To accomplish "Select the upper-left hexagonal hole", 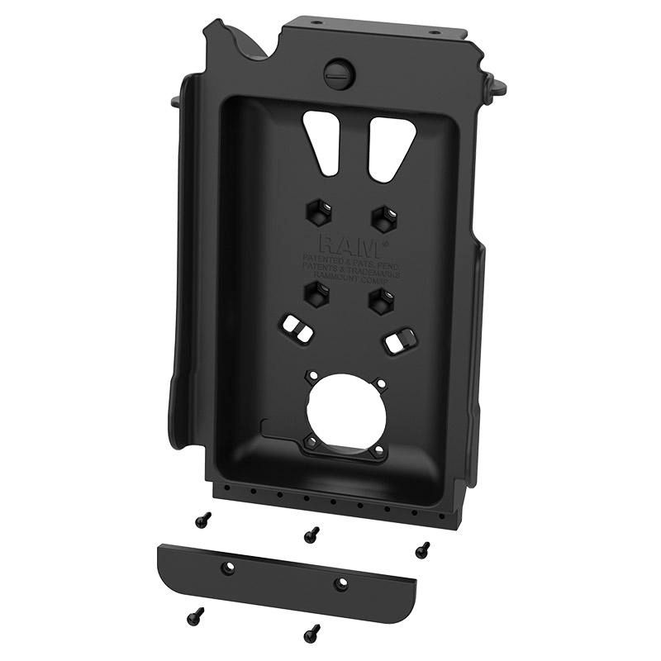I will (319, 214).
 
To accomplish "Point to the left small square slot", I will (299, 330).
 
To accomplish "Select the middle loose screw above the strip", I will (311, 535).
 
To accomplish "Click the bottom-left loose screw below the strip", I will (195, 616).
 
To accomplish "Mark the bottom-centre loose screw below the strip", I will (311, 633).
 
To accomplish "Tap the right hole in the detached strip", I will (340, 584).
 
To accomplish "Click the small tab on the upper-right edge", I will (497, 84).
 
